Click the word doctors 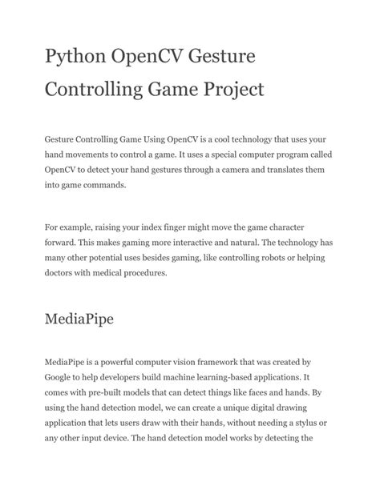coord(62,273)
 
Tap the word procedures coord(143,273)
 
